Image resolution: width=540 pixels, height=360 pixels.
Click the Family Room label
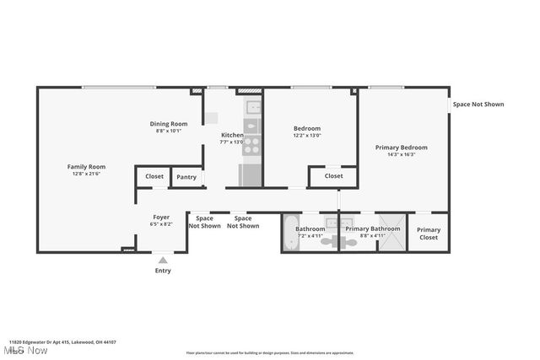pos(86,167)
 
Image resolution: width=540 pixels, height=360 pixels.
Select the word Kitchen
pos(232,135)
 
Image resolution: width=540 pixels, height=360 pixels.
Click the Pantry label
pos(186,177)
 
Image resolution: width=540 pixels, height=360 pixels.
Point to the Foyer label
pos(160,218)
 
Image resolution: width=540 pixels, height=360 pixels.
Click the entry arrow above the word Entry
pos(163,260)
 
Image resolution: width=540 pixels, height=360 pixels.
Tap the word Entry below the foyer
pos(163,271)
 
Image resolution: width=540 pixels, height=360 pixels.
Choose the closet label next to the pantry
pos(154,176)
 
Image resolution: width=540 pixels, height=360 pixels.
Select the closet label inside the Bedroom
pos(333,176)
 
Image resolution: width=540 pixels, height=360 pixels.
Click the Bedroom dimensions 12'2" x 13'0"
pos(307,136)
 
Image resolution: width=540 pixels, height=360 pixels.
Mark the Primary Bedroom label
pos(401,147)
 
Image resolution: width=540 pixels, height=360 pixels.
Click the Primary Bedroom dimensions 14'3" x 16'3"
pos(401,154)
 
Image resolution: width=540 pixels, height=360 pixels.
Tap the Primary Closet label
pos(429,234)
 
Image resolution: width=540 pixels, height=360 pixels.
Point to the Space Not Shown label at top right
pos(478,105)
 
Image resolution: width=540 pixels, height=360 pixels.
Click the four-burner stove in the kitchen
pos(251,128)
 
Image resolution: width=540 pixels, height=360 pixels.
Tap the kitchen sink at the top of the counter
pos(251,107)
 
